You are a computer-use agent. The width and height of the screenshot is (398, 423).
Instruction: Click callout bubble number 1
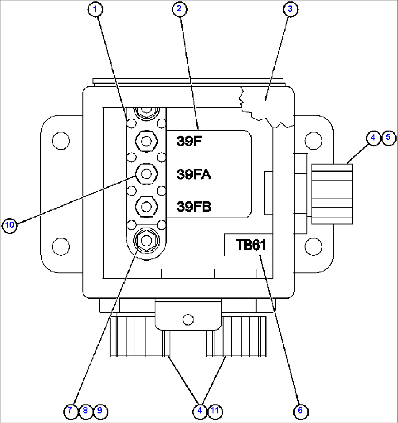[95, 9]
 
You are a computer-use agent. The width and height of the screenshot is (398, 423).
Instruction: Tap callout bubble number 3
[290, 9]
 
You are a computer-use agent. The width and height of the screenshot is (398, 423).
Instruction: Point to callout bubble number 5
[388, 137]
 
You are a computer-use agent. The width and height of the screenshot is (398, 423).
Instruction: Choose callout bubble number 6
[300, 411]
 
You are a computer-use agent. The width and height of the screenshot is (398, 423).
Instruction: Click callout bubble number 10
[10, 224]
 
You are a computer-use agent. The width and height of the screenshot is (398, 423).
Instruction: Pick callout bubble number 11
[215, 411]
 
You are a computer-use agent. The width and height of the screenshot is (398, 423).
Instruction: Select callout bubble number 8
[85, 411]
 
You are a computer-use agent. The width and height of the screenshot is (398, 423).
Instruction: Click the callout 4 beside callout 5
[373, 138]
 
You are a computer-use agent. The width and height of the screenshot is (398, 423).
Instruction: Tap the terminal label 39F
[189, 141]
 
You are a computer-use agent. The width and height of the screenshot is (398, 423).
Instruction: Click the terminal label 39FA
[194, 174]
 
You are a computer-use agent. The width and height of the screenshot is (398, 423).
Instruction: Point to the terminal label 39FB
[194, 207]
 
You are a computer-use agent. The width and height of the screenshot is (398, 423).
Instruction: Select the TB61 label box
[249, 245]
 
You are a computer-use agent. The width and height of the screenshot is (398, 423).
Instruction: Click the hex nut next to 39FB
[146, 207]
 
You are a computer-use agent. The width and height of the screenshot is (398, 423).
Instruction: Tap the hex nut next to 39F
[146, 140]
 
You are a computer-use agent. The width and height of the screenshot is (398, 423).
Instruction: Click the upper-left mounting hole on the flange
[61, 140]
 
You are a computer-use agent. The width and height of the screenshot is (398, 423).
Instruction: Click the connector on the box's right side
[332, 194]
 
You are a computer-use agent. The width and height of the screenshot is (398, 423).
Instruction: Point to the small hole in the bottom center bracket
[188, 319]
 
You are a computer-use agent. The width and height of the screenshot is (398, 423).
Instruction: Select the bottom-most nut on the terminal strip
[146, 240]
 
